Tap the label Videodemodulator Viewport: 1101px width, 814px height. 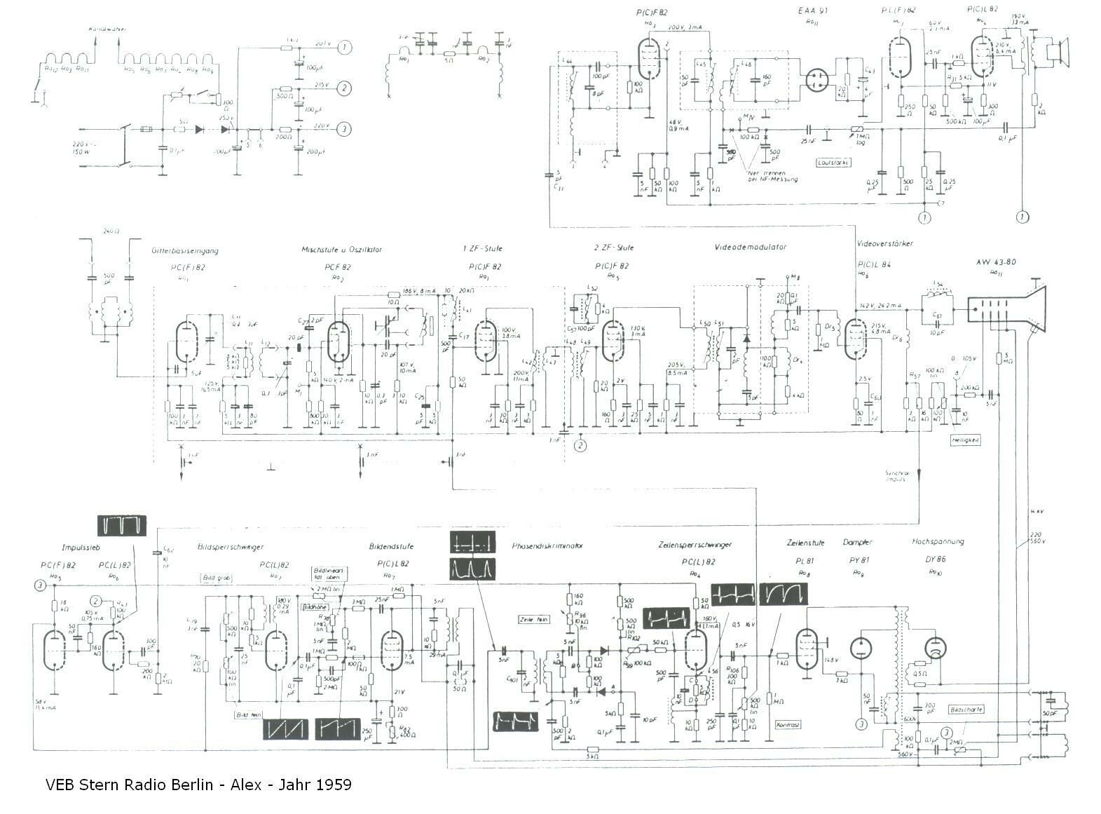750,247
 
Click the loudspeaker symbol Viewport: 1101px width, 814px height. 1059,53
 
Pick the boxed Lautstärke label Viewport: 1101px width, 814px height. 833,163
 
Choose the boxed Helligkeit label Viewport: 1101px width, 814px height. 964,440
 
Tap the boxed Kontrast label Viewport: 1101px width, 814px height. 788,725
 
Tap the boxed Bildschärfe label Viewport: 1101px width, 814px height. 966,710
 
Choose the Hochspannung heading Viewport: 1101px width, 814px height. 938,542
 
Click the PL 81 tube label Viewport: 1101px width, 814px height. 803,561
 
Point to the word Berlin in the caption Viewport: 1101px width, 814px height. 192,785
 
